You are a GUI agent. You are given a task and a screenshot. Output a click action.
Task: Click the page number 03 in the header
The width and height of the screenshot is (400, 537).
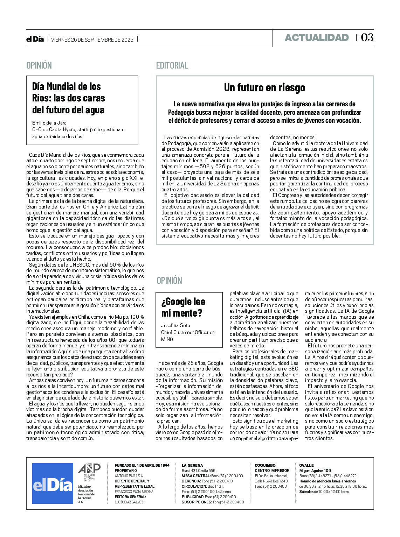coord(367,38)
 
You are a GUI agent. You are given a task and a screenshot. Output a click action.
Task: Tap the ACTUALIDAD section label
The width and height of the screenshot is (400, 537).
coord(317,38)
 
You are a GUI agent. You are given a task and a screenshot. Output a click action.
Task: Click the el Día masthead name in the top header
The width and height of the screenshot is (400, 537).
coord(35,39)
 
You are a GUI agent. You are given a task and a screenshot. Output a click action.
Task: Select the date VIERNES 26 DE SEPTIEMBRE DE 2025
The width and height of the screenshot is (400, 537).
coord(92,40)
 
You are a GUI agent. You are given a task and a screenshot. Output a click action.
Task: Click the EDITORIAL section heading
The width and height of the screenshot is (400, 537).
coord(172,65)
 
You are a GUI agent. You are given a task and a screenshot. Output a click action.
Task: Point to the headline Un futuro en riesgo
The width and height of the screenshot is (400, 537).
coord(264,87)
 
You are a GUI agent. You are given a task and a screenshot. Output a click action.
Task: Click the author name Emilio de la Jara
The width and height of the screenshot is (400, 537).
coord(49,123)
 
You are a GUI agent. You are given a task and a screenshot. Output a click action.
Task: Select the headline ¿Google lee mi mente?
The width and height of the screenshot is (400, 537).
coord(183,307)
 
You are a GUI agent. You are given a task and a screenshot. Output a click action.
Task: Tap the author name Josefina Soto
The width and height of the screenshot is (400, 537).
coord(175,325)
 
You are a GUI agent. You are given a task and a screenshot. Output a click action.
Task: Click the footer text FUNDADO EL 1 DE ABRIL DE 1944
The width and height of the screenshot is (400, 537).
coord(142,465)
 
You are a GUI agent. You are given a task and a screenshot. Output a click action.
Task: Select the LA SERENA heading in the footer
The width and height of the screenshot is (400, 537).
coord(192,465)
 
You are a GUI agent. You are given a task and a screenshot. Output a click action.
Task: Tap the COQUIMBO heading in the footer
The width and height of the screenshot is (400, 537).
coord(265,465)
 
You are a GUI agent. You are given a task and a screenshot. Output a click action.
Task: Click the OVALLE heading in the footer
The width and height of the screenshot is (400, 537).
coord(306,465)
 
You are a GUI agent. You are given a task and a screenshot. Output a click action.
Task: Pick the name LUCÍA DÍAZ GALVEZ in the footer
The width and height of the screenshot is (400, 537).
coord(129,502)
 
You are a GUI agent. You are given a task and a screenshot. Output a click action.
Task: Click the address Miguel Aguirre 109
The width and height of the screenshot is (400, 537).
coord(315,471)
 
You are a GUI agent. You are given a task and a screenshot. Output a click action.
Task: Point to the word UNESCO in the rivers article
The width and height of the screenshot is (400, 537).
coord(79,265)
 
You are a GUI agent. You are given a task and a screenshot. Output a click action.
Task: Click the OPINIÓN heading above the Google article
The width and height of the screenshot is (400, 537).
coord(169,281)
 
